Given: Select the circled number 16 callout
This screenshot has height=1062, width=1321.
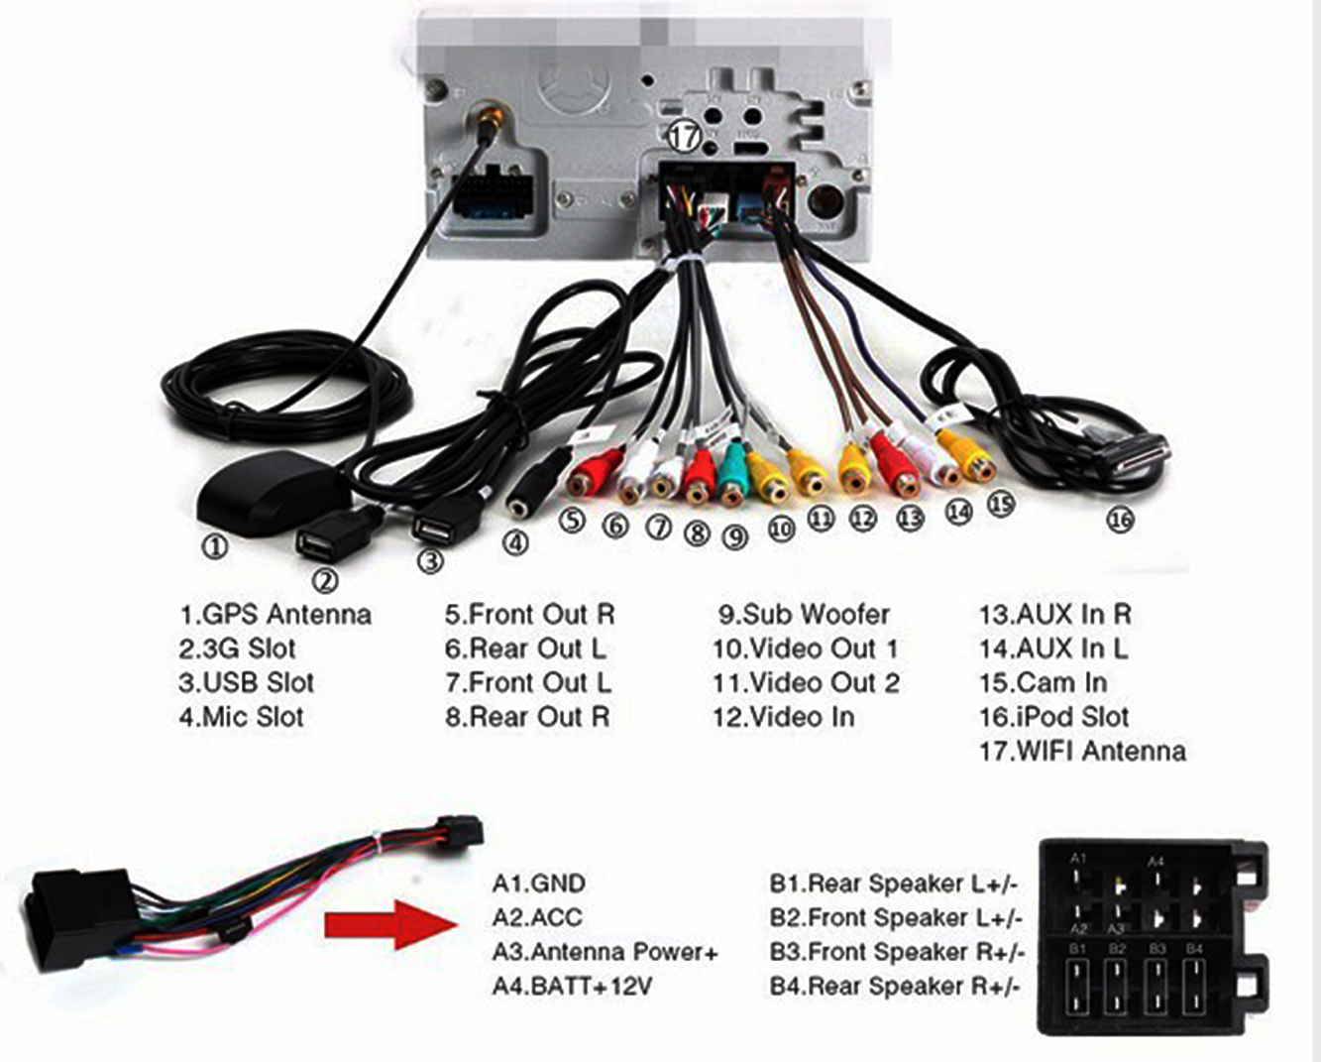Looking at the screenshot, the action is [1120, 519].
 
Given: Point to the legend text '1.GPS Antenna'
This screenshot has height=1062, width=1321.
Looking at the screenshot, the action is [275, 615].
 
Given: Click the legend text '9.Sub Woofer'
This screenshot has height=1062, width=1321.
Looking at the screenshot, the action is [804, 615].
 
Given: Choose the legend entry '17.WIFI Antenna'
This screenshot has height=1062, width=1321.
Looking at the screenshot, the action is [1081, 751].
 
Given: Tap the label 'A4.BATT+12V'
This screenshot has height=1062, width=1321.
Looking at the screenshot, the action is [572, 987].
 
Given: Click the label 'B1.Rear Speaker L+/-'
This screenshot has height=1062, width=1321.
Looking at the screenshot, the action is [894, 884].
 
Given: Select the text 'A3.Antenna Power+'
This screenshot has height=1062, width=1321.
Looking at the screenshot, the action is [605, 952].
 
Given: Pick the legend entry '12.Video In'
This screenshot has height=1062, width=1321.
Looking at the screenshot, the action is [782, 717].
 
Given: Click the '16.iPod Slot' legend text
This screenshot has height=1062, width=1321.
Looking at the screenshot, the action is [1053, 717].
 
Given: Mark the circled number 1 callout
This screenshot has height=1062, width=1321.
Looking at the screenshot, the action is [214, 545].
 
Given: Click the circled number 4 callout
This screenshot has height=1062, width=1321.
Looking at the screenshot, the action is [515, 541].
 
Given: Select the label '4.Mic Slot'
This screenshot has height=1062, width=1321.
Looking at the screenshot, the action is [241, 717].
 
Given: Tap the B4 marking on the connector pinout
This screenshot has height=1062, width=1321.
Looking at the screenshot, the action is [1194, 949].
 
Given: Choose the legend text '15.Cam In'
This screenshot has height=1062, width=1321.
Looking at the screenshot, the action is [1043, 683].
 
